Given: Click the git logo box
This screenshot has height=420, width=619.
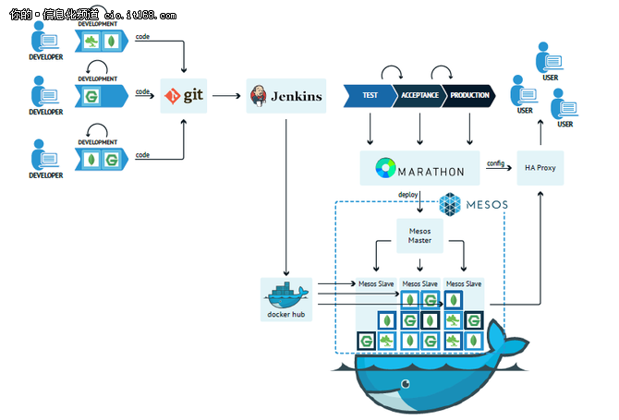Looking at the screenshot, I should click(188, 95).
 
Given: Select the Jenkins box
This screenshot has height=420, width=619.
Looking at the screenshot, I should click(286, 95).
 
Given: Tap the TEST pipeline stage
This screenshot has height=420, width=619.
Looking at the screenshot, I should click(369, 96).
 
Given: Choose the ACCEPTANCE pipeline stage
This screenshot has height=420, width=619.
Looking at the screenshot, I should click(419, 96).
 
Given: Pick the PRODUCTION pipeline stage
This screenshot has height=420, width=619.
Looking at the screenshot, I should click(467, 96).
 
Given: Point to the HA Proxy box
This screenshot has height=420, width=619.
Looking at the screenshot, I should click(540, 168).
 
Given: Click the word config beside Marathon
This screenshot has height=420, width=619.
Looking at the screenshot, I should click(496, 162).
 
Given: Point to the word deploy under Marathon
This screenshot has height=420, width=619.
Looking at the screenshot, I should click(409, 195).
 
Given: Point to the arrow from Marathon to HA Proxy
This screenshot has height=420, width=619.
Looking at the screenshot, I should click(499, 170).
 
